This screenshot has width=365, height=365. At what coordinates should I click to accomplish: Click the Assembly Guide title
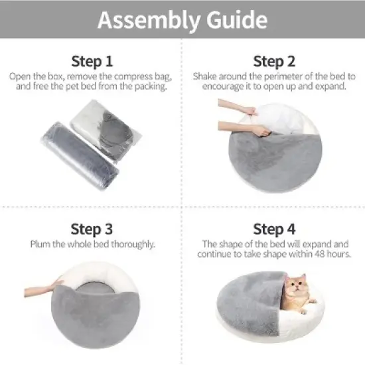pos(183,20)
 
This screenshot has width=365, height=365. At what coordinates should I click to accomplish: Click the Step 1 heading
pos(92,62)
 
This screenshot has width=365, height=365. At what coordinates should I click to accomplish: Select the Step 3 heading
pos(92,230)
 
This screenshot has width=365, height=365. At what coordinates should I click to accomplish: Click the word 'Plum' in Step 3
pos(40,244)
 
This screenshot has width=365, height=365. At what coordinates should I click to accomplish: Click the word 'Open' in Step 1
pos(19,76)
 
